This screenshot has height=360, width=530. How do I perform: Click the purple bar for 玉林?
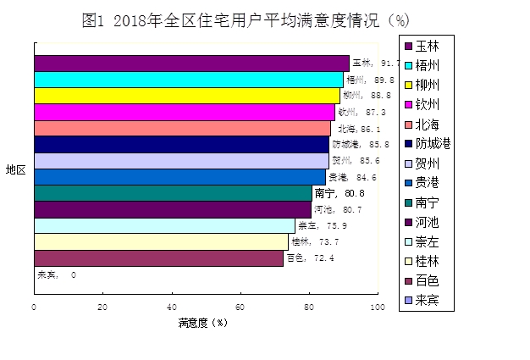pos(191,63)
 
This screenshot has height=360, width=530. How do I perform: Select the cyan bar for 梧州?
pos(188,79)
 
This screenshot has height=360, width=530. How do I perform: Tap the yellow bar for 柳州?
pos(186,95)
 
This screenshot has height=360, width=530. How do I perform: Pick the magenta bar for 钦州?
pos(184,112)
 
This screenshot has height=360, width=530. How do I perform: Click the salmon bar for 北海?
pos(182,128)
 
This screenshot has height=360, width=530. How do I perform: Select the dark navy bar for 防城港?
pos(181,144)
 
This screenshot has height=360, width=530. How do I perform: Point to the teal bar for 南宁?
pos(173,193)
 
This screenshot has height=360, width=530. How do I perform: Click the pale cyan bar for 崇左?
pos(164,225)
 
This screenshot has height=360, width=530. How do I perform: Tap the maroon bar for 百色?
pos(158,258)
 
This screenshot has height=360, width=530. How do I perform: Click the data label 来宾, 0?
pos(57,275)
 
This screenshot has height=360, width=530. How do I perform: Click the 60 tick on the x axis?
pos(240,307)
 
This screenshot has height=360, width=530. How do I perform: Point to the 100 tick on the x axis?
pos(377,307)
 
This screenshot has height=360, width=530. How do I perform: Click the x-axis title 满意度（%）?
pos(204,323)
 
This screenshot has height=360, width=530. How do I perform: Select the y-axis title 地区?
pos(15,169)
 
